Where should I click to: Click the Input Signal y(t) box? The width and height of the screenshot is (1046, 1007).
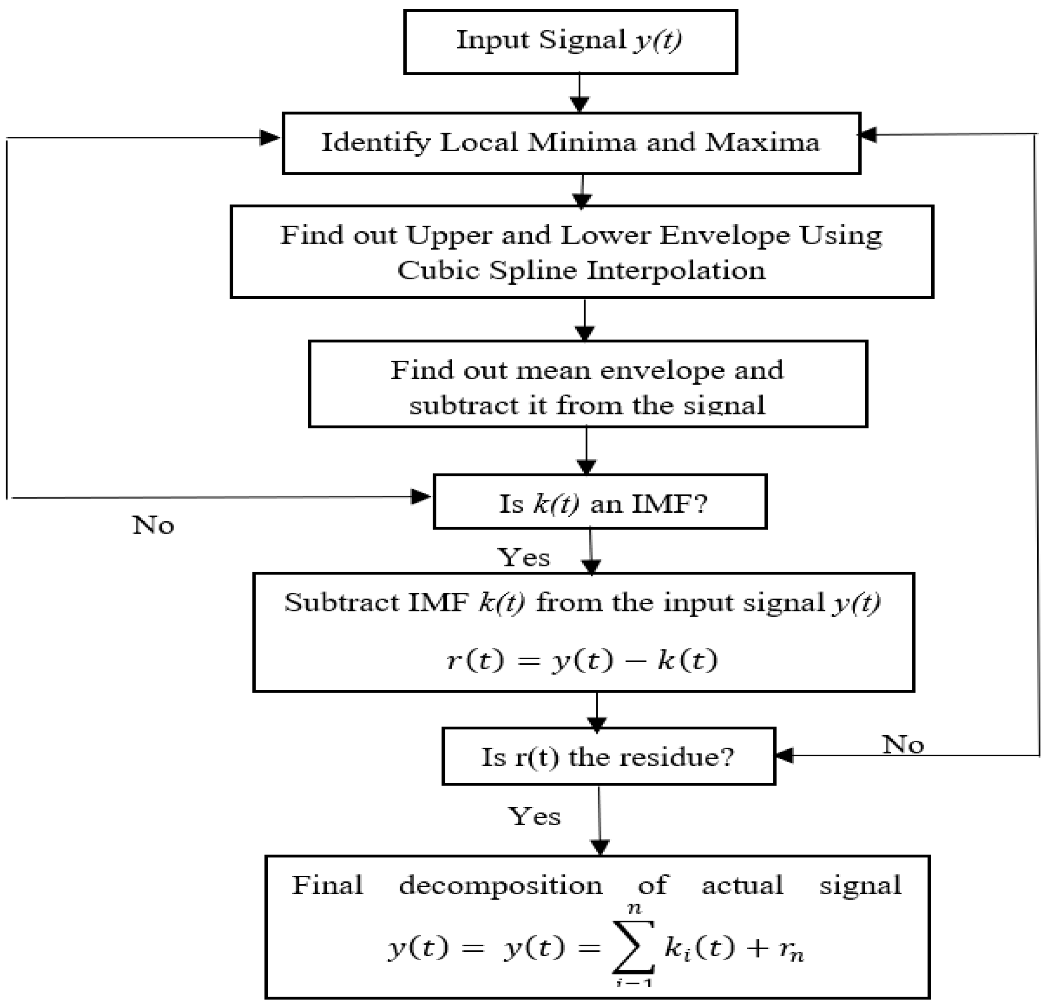(570, 41)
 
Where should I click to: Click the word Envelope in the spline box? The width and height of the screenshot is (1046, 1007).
(724, 235)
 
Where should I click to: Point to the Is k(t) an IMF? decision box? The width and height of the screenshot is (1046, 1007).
(600, 502)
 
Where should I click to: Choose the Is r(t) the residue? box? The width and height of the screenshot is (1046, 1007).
(608, 757)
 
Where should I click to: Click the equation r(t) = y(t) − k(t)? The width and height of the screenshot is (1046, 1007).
(582, 660)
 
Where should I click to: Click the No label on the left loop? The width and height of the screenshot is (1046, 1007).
(153, 525)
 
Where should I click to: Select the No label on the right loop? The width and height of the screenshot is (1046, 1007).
(902, 745)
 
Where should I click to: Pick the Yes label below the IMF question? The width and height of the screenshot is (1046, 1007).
(524, 558)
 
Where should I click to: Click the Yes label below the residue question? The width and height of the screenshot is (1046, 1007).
(534, 816)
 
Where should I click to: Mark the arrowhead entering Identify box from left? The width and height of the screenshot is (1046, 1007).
(270, 138)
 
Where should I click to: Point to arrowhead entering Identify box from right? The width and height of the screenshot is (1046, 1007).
(869, 135)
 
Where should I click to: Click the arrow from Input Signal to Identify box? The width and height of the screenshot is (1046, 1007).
(579, 93)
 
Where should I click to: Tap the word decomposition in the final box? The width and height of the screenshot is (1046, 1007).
(501, 885)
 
